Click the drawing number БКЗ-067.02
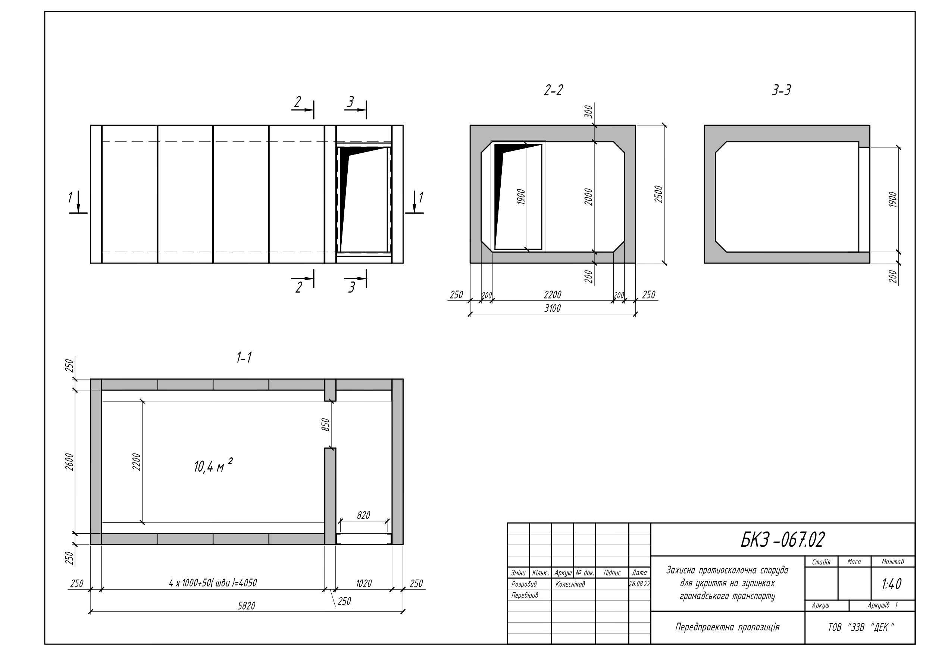click(x=782, y=540)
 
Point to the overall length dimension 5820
click(x=246, y=606)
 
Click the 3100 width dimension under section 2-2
click(x=553, y=308)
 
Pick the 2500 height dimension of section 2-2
click(x=658, y=194)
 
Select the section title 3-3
click(x=781, y=90)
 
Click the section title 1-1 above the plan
click(x=244, y=357)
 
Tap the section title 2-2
click(x=553, y=90)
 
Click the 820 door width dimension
click(x=363, y=515)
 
